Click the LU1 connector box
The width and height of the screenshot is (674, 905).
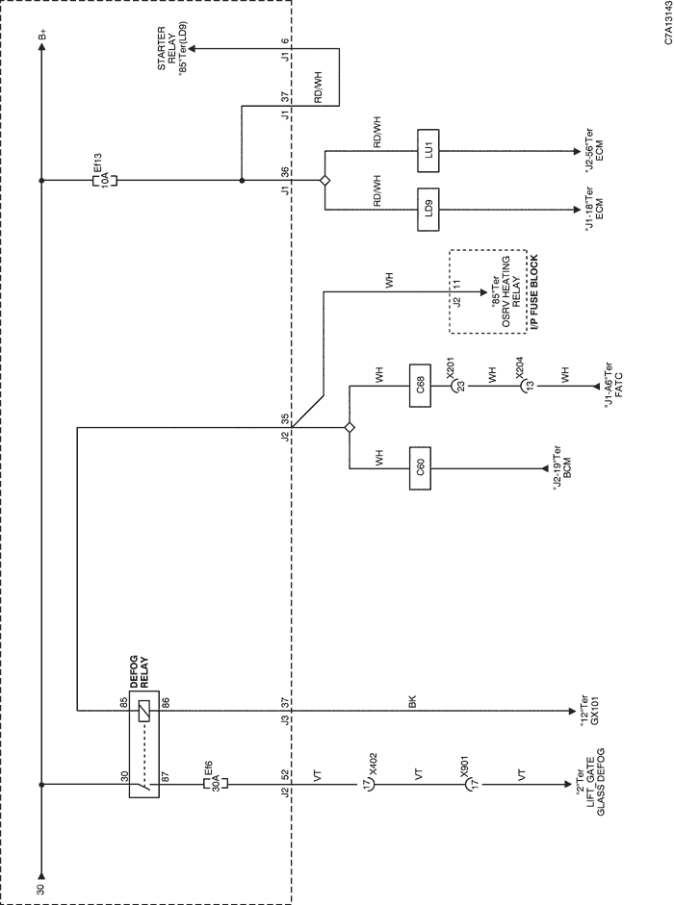pos(428,151)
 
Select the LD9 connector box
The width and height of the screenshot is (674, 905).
pos(428,210)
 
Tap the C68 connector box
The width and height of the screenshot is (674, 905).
pos(420,386)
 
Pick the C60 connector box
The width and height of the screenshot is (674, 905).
pos(420,468)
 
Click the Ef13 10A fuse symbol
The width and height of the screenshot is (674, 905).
pos(105,180)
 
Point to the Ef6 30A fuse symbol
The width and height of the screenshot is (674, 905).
pos(215,784)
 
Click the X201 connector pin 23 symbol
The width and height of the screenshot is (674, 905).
pos(457,386)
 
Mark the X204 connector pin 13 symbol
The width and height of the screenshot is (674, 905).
pos(526,386)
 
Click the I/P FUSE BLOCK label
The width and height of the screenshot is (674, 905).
pos(534,292)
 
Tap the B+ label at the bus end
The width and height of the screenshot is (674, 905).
pos(41,37)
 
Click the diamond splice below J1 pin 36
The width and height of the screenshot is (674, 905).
pos(324,181)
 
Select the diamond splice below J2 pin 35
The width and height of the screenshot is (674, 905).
pos(350,427)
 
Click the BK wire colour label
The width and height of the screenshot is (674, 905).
pos(412,702)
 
